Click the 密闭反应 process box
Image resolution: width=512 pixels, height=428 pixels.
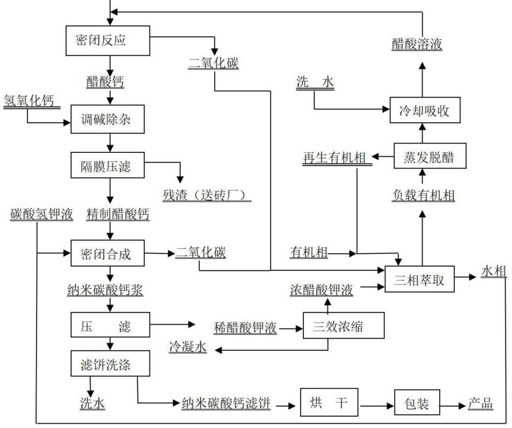pyautogui.click(x=108, y=40)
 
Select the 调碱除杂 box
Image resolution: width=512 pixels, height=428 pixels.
pyautogui.click(x=108, y=119)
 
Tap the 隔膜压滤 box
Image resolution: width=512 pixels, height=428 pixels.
pyautogui.click(x=108, y=166)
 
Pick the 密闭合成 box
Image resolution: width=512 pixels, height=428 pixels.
pyautogui.click(x=108, y=254)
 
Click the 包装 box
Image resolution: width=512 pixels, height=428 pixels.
pyautogui.click(x=418, y=405)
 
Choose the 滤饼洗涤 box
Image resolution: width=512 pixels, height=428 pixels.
pyautogui.click(x=108, y=365)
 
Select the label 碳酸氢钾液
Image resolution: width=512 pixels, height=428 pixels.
pyautogui.click(x=42, y=215)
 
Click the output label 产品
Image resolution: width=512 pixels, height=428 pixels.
pyautogui.click(x=480, y=404)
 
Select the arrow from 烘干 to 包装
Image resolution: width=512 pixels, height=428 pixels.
pyautogui.click(x=377, y=406)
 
